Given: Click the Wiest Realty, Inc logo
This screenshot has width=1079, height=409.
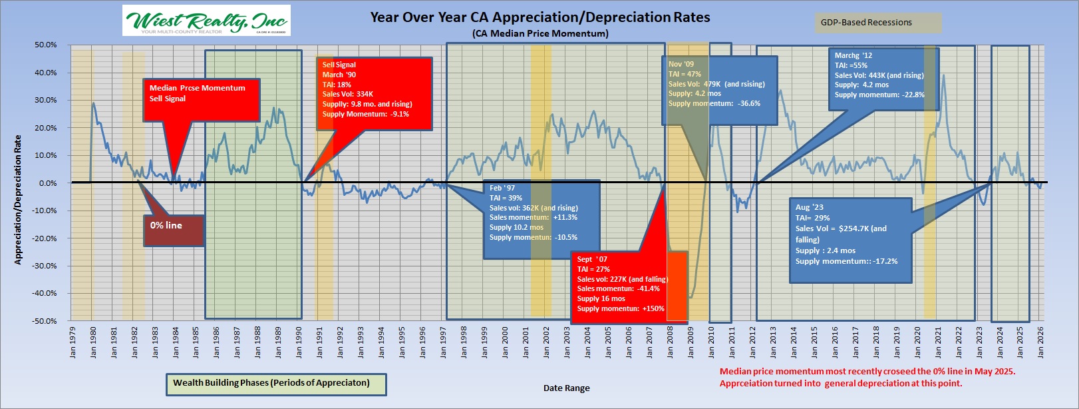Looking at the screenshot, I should coord(206,21).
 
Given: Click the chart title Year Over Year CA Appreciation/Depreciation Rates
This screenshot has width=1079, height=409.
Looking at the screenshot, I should coord(539,17).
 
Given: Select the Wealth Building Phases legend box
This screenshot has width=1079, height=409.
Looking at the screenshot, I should coord(276,384).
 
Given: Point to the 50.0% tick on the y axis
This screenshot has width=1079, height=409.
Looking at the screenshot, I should coord(46,45).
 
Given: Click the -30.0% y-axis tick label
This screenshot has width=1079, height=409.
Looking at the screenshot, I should coord(45,266).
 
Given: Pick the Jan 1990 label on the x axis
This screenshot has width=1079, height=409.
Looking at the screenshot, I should coord(299,341).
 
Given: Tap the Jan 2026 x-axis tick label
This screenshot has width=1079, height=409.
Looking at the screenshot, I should coord(1040,341).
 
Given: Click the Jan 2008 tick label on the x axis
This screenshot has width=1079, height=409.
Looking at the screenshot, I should coord(670,341).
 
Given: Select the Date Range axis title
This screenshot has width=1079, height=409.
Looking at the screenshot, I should coord(566,388).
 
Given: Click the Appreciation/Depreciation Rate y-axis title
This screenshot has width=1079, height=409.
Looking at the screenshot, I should coord(18,200).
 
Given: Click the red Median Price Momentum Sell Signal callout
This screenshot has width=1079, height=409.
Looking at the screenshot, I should coord(201,100).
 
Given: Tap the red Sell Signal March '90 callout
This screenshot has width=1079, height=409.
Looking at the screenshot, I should coord(375,93).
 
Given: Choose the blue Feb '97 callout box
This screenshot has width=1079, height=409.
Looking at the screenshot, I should coord(541,219).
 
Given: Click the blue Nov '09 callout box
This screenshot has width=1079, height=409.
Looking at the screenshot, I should coord(720,90).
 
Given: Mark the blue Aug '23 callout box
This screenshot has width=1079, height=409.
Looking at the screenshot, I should coord(849,240).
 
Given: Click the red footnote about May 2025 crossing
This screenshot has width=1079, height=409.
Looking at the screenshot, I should coord(867,377).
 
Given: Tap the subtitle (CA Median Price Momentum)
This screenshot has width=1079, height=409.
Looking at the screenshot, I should coord(539,33).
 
